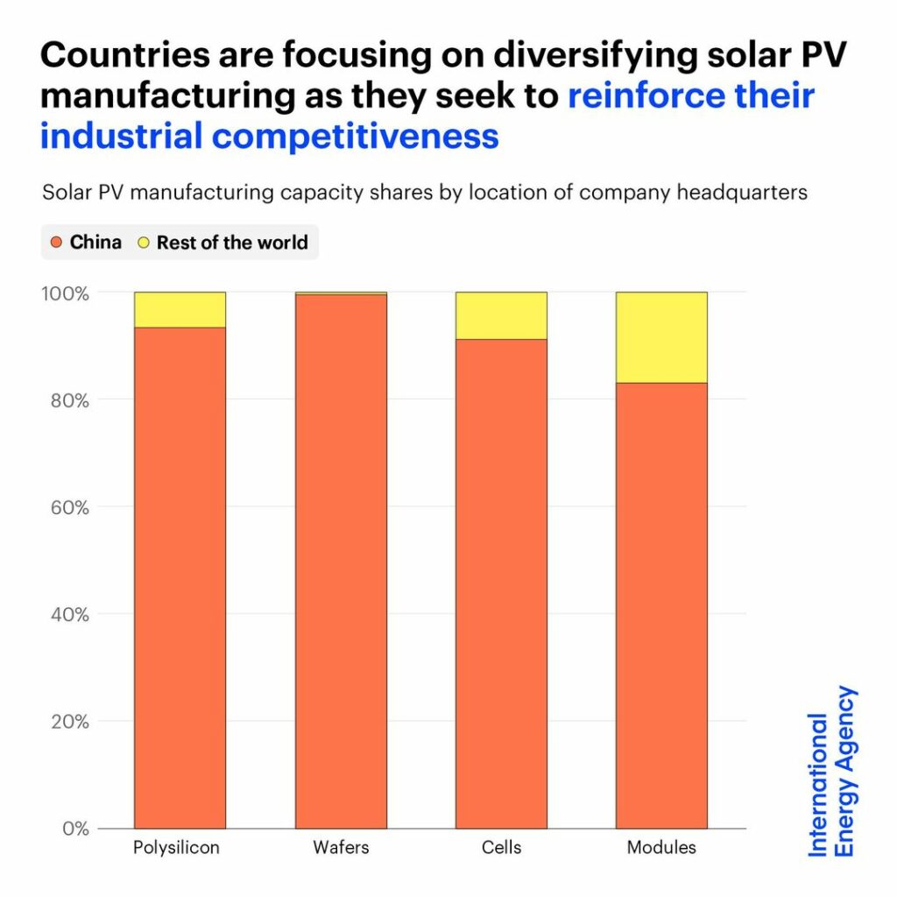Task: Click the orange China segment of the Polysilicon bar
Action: [180, 578]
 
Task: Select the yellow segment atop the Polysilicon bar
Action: [180, 309]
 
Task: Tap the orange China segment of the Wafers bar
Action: [341, 561]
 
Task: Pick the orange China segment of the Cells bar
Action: [501, 583]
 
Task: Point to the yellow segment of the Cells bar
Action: [501, 315]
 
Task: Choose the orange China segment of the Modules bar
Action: [661, 604]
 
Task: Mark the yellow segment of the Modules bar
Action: [661, 337]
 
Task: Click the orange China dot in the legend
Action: [57, 242]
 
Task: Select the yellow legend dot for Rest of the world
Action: [144, 242]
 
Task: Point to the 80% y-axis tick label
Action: [69, 400]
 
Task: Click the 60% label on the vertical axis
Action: [69, 507]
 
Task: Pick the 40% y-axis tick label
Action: [69, 614]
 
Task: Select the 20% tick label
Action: [69, 722]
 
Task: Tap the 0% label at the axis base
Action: [76, 829]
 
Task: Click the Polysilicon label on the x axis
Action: [176, 848]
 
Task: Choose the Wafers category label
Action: [341, 848]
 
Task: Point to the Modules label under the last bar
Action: [661, 848]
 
